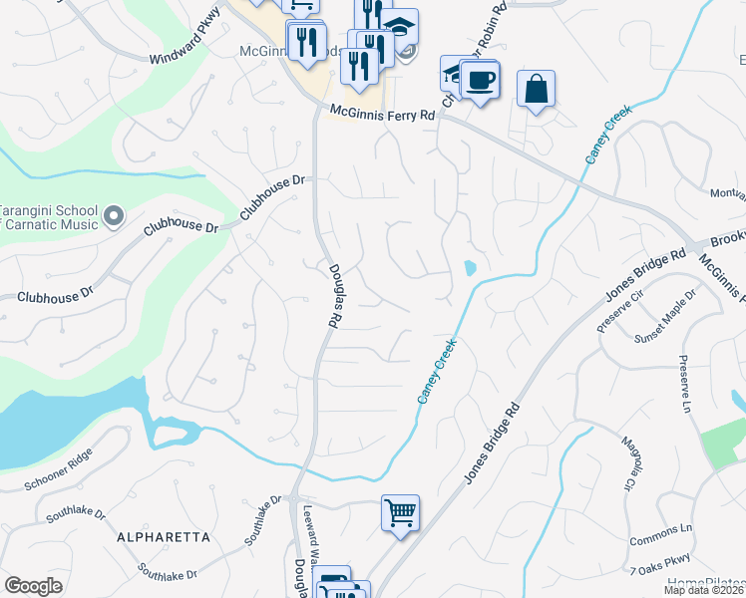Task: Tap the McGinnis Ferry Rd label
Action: pyautogui.click(x=383, y=115)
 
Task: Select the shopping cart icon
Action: pyautogui.click(x=400, y=513)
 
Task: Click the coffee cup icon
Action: pyautogui.click(x=480, y=80)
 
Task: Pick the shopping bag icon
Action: pyautogui.click(x=537, y=89)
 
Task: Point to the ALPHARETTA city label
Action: pyautogui.click(x=164, y=537)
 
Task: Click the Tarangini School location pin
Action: pyautogui.click(x=113, y=214)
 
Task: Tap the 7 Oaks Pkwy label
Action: pyautogui.click(x=660, y=567)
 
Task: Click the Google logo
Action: pyautogui.click(x=33, y=586)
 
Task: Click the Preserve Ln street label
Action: pyautogui.click(x=686, y=384)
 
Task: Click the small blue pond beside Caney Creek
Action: pyautogui.click(x=469, y=267)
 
